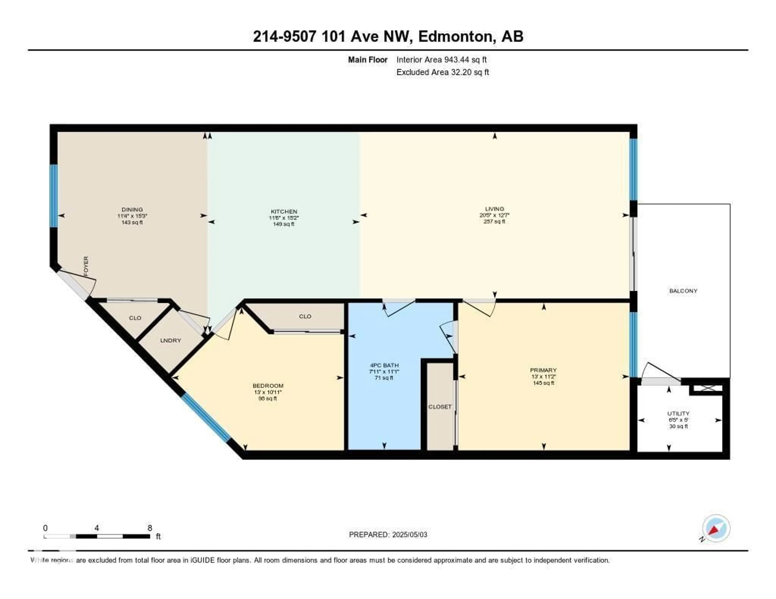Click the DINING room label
pos(132,209)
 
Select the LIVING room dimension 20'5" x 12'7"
pos(494,215)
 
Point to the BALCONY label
pos(683,291)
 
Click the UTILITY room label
pos(678,413)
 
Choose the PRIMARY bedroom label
pos(543,370)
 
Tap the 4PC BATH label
pos(384,365)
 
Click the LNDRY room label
pos(171,340)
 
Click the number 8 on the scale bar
pos(150,528)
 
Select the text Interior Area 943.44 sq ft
pos(441,60)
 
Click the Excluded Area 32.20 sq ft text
pos(442,72)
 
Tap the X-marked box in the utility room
pos(708,388)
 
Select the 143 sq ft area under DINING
pos(132,222)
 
